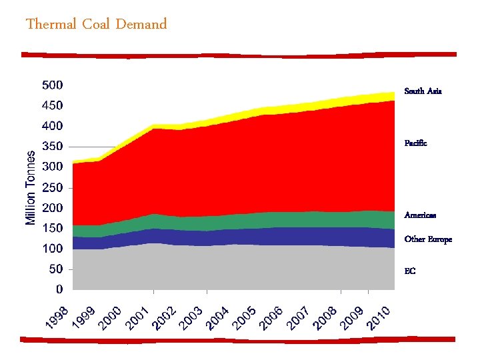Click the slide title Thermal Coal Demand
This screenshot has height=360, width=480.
96,25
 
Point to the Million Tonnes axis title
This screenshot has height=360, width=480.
31,187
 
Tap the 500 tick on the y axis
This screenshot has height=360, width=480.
53,85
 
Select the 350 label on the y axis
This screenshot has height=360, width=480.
53,147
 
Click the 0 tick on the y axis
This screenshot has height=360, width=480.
59,290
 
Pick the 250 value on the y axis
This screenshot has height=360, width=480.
53,188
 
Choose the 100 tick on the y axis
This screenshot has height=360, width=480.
53,249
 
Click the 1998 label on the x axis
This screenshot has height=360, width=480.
57,317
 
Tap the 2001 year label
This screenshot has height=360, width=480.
138,317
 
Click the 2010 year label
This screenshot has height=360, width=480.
379,317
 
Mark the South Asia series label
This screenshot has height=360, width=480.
423,91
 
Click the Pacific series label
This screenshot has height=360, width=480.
415,143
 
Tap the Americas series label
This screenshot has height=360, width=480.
420,215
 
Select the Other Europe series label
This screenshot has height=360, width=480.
427,239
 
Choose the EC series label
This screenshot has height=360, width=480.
409,271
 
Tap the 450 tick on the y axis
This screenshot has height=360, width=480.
53,105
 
